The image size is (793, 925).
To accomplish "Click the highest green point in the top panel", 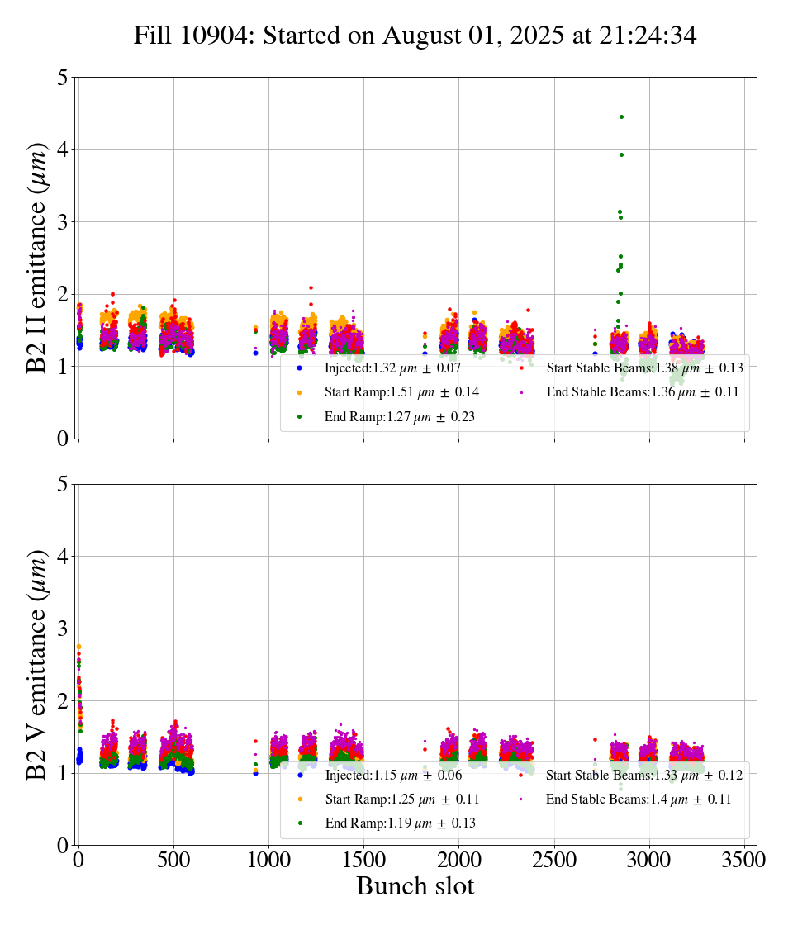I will pyautogui.click(x=621, y=117).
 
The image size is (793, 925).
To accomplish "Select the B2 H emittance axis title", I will pyautogui.click(x=38, y=258).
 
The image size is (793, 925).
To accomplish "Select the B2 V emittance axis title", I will pyautogui.click(x=38, y=664).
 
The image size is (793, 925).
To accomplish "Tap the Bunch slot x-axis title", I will pyautogui.click(x=415, y=886).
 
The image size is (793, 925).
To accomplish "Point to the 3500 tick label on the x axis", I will pyautogui.click(x=744, y=859).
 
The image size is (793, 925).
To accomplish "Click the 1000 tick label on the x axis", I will pyautogui.click(x=268, y=859).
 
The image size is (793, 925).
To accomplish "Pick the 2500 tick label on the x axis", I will pyautogui.click(x=554, y=859).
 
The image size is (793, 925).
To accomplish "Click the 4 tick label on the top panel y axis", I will pyautogui.click(x=63, y=149).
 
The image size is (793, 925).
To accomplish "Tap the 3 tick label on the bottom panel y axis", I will pyautogui.click(x=63, y=629).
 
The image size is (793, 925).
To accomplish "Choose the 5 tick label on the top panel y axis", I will pyautogui.click(x=63, y=78).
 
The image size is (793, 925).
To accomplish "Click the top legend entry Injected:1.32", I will pyautogui.click(x=392, y=368).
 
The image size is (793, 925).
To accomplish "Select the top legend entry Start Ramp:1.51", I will pyautogui.click(x=401, y=391).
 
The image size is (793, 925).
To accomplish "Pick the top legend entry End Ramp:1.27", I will pyautogui.click(x=399, y=416).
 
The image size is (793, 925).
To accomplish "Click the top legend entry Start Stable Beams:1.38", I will pyautogui.click(x=644, y=368).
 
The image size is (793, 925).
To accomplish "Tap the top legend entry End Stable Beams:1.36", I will pyautogui.click(x=642, y=391).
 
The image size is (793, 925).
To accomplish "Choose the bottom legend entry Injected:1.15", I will pyautogui.click(x=392, y=775).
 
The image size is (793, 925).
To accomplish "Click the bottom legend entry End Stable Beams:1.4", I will pyautogui.click(x=639, y=799).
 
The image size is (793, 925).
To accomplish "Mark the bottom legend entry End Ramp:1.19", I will pyautogui.click(x=399, y=823).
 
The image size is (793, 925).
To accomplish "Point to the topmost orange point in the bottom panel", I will pyautogui.click(x=78, y=647).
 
